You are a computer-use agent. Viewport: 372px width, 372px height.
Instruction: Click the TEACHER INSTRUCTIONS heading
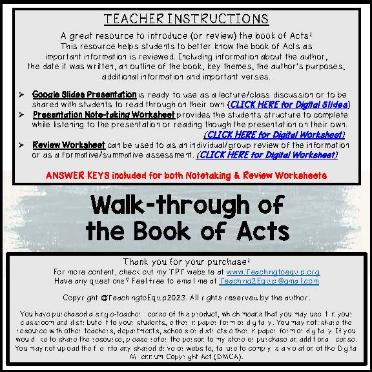click(x=186, y=19)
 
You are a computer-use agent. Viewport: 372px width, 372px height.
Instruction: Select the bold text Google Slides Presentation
click(x=84, y=95)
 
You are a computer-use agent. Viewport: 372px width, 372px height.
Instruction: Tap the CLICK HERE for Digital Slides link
click(x=289, y=104)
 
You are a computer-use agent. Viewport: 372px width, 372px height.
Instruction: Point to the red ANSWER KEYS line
click(x=186, y=175)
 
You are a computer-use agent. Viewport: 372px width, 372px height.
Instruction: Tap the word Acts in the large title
click(x=258, y=229)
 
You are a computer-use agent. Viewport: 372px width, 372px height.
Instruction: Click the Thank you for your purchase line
click(x=186, y=262)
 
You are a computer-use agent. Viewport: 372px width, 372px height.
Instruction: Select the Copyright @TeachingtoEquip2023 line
click(x=186, y=298)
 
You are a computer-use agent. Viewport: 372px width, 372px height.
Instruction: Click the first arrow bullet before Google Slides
click(x=22, y=95)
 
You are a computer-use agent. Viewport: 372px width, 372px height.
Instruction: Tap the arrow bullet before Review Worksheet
click(x=22, y=145)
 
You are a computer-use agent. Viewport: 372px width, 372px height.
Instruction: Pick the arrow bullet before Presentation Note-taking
click(x=22, y=114)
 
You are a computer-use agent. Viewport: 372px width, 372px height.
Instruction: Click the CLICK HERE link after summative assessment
click(x=267, y=155)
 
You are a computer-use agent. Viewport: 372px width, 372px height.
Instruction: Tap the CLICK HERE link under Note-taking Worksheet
click(x=274, y=134)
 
